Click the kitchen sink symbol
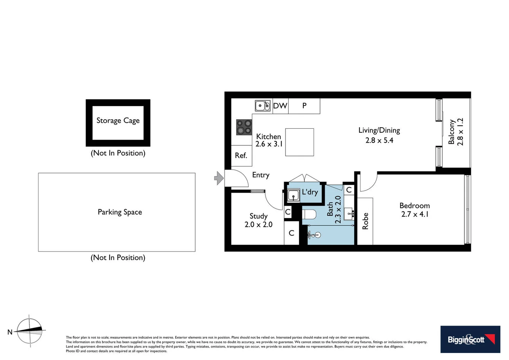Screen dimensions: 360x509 (x=262, y=106)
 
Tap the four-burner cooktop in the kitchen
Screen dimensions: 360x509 (x=244, y=127)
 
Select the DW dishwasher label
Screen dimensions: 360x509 (x=280, y=106)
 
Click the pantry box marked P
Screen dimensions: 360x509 (x=304, y=106)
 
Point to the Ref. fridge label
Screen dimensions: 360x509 (x=241, y=155)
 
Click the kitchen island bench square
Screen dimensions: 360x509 (x=299, y=142)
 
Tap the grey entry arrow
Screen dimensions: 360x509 (x=219, y=178)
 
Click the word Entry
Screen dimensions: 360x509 (x=260, y=175)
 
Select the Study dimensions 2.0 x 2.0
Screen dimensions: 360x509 (x=258, y=225)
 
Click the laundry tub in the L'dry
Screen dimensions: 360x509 (x=293, y=195)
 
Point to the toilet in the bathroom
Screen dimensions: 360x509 (x=309, y=214)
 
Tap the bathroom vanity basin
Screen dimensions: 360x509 (x=349, y=213)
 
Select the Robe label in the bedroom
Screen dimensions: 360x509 (x=365, y=221)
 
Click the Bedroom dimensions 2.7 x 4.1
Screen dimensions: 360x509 (x=415, y=214)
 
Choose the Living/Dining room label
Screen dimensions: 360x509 (x=379, y=130)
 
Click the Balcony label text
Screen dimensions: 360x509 (x=451, y=132)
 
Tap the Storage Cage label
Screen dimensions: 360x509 (x=118, y=121)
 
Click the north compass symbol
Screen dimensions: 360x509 (x=30, y=331)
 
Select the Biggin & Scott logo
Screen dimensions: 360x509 (x=470, y=339)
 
